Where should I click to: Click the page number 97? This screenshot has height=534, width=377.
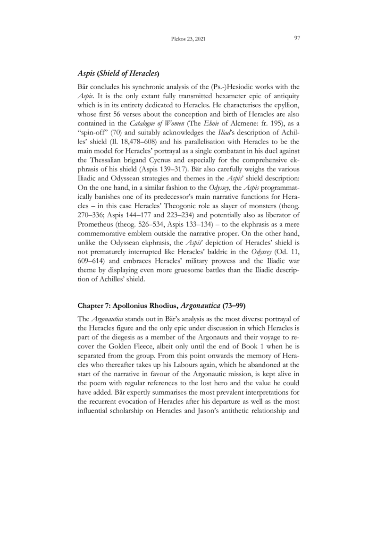point(297,38)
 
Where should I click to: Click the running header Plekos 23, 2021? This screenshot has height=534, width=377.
point(188,39)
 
